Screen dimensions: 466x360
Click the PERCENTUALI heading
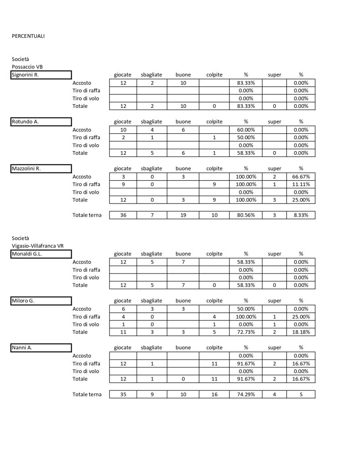28,35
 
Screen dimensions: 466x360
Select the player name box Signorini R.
41,75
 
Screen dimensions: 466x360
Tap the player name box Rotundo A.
41,122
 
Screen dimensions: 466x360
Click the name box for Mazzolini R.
41,168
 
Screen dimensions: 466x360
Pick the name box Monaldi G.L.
41,254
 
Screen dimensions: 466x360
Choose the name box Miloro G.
41,301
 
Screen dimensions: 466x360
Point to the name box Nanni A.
41,348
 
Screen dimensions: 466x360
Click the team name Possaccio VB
27,67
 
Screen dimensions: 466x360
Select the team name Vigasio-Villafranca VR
38,246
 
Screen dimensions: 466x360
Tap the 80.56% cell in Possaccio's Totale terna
245,215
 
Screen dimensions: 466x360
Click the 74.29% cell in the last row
245,394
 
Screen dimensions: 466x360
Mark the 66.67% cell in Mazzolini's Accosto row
300,177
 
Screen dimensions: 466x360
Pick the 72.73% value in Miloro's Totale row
245,332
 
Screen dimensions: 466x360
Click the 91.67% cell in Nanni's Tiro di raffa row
245,364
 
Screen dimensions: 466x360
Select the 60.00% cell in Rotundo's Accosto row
245,130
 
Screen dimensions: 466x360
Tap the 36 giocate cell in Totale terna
123,215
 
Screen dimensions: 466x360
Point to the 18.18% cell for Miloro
300,332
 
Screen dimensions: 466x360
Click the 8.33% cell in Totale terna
300,215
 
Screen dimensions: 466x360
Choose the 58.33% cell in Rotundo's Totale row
245,153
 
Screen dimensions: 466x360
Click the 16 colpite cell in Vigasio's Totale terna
214,394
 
